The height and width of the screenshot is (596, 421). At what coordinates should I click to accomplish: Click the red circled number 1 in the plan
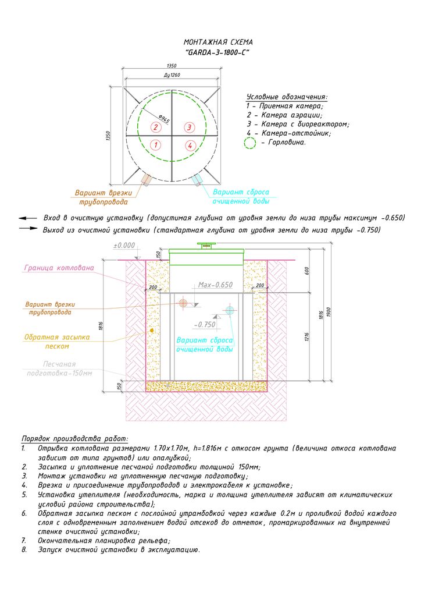pos(155,145)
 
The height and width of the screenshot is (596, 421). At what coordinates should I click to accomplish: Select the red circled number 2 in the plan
pos(155,127)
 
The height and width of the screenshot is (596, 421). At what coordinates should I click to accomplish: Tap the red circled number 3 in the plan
pos(189,127)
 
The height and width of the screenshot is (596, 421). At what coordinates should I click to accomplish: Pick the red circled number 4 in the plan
pos(189,145)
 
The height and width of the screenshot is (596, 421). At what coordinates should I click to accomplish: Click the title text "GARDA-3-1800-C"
pos(217,52)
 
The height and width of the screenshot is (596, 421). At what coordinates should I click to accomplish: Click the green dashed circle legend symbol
pos(250,142)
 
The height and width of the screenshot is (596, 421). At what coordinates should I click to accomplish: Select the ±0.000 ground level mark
pos(123,246)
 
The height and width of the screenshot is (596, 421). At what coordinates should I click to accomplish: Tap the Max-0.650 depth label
pos(215,285)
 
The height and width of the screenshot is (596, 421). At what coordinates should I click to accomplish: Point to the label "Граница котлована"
pos(59,268)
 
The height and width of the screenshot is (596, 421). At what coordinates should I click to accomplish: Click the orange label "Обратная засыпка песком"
pos(53,341)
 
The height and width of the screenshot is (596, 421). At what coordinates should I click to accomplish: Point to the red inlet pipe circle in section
pos(183,303)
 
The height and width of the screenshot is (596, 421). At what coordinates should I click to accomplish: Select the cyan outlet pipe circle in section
pos(230,311)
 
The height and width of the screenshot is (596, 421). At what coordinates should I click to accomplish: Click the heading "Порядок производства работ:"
pos(75,438)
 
